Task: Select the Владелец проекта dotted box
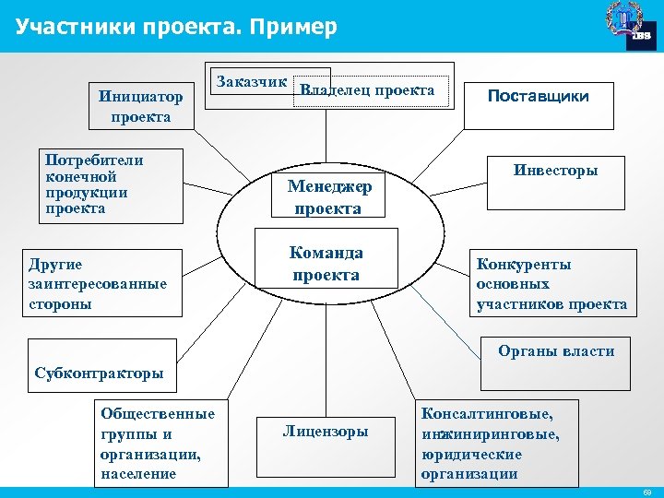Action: [x=371, y=90]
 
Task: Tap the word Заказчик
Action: [x=251, y=82]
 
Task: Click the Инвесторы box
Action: [x=555, y=171]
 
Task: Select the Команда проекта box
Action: [x=326, y=263]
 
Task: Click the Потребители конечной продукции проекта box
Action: [x=103, y=184]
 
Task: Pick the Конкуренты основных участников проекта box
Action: [x=551, y=284]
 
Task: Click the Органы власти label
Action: [x=555, y=350]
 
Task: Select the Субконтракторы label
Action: [x=99, y=373]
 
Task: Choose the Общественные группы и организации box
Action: [x=158, y=444]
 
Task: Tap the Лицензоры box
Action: [x=325, y=432]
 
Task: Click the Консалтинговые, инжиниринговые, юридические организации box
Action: [x=496, y=444]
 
